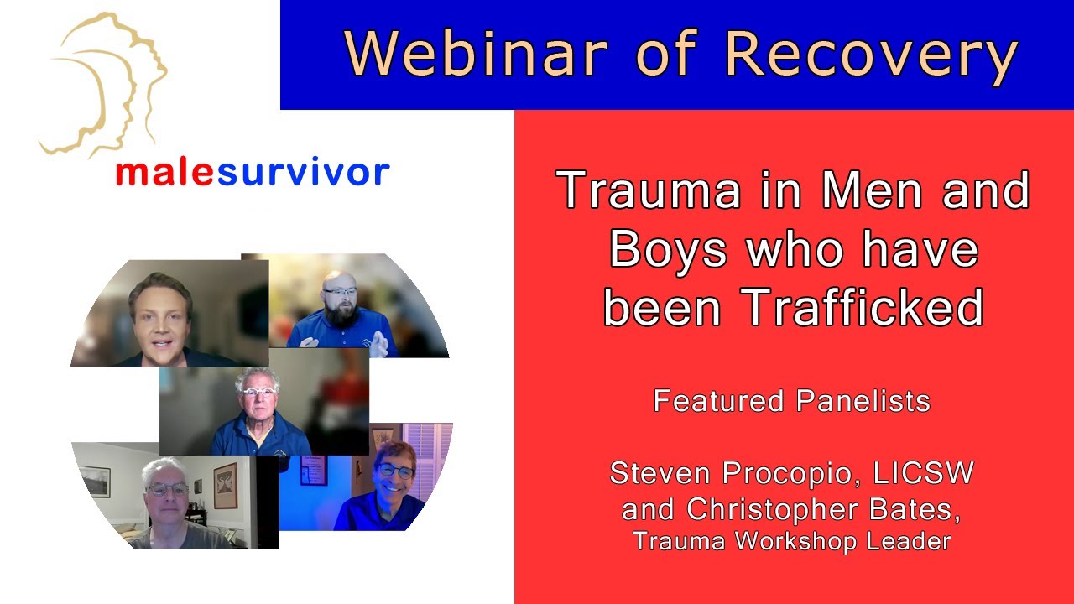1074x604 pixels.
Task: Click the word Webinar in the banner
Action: click(476, 55)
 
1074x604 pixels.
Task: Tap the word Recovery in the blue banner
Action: click(871, 55)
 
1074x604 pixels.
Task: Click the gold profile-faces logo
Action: click(104, 84)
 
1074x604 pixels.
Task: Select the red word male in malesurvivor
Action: click(165, 172)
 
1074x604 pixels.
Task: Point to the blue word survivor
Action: click(303, 172)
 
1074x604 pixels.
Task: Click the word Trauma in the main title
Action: click(649, 190)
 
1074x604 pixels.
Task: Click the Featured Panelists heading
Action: click(792, 401)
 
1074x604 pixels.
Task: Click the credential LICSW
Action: click(923, 473)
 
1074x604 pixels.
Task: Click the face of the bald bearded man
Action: click(340, 298)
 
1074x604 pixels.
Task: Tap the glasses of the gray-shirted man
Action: click(169, 489)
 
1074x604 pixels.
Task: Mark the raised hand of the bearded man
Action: click(382, 341)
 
